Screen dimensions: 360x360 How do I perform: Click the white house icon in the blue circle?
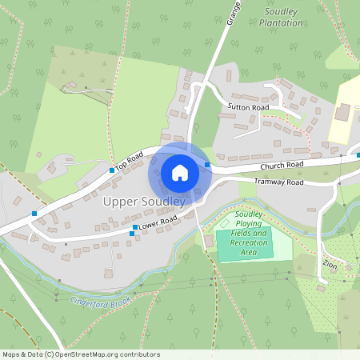point(180,173)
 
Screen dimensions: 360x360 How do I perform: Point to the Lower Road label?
point(157,224)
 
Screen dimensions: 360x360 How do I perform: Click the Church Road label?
point(282,166)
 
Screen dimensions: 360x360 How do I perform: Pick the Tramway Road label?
point(278,182)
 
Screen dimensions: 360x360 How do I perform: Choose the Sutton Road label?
point(248,106)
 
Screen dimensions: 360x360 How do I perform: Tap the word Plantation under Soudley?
point(281,23)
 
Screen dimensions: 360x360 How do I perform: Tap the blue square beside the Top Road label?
point(111,170)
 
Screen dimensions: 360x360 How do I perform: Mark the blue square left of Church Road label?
point(207,166)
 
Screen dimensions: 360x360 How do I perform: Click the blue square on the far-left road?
point(34,214)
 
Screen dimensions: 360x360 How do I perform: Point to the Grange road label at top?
point(233,14)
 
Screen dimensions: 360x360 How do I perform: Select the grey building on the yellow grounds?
point(342,112)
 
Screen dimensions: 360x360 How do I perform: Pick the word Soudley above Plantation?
point(282,12)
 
